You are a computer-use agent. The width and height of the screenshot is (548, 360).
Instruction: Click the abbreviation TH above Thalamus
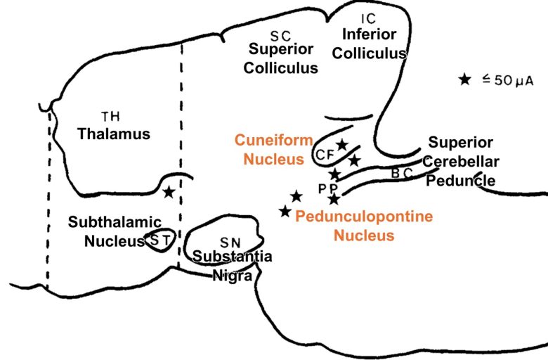coord(110,116)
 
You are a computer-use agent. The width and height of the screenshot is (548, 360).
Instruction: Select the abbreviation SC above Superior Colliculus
coord(280,35)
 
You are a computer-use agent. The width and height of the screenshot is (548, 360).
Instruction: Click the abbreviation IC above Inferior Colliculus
coord(369,18)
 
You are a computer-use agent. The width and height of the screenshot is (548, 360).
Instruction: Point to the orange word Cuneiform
coord(273,141)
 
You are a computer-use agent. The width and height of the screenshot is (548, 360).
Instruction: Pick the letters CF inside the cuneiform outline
coord(324,154)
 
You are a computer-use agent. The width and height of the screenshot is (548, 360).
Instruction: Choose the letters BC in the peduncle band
coord(401,173)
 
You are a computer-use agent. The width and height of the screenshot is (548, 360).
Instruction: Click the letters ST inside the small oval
coord(159,240)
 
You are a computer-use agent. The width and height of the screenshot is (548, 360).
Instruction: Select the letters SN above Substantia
coord(223,242)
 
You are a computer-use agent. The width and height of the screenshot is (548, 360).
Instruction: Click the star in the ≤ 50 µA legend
coord(464,79)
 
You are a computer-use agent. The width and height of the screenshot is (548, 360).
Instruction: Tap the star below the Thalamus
coord(169,191)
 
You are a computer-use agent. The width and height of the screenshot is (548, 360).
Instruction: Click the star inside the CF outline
coord(341,145)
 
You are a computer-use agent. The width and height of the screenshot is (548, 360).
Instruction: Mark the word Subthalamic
coord(115,222)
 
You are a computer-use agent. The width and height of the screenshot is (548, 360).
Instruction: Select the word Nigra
coord(233,275)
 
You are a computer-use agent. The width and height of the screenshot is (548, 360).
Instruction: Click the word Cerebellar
coord(462,161)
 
